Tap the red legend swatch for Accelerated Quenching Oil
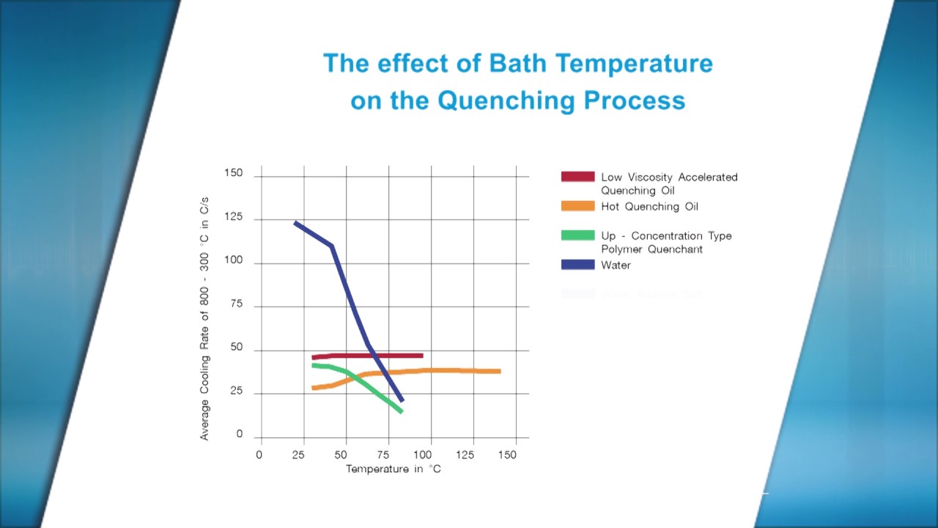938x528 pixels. pos(577,177)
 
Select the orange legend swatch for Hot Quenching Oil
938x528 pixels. pos(577,206)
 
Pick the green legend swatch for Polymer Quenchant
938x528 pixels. pos(577,235)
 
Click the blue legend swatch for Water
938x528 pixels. pos(577,265)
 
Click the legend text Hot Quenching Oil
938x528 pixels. pos(649,207)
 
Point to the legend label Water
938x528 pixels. pos(616,265)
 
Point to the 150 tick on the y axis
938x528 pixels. pos(233,173)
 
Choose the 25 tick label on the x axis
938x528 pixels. pos(299,455)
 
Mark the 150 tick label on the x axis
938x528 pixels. pos(507,455)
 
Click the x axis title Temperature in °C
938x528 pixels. pos(394,469)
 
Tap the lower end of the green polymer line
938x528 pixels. pos(401,411)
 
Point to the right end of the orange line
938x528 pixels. pos(499,371)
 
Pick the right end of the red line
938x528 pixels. pos(421,356)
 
